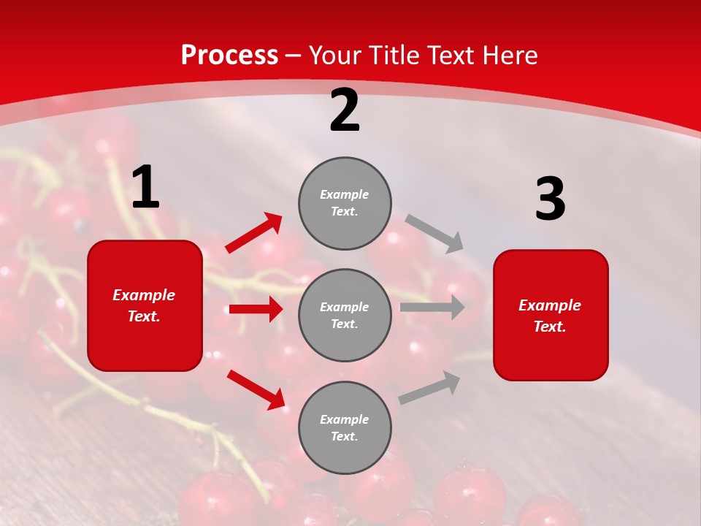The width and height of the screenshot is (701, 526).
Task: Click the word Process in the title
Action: click(x=229, y=56)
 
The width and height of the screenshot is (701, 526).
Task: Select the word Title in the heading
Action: click(x=394, y=56)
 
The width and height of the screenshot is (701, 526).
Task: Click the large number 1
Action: click(x=145, y=188)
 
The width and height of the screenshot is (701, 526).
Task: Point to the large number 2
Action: click(x=345, y=111)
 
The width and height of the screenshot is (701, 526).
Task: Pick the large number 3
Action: click(x=550, y=199)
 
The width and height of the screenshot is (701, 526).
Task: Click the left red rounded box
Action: click(x=145, y=305)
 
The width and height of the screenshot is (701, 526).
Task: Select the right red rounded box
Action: click(x=551, y=316)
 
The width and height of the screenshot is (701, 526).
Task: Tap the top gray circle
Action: click(x=345, y=203)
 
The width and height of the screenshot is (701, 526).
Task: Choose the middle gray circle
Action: click(x=345, y=315)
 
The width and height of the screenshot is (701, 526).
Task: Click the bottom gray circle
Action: click(x=345, y=427)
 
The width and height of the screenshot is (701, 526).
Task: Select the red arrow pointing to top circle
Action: click(x=254, y=233)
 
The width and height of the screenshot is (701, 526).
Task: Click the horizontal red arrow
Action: click(x=256, y=309)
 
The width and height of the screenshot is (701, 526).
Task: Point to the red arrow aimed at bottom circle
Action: click(x=256, y=389)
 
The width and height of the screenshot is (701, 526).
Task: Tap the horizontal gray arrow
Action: click(x=432, y=307)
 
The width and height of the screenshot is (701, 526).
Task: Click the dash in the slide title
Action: click(x=294, y=56)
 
